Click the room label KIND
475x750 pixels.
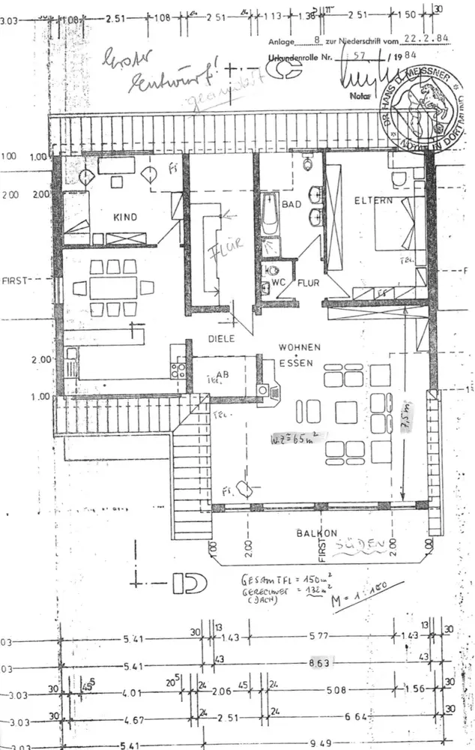pos(125,217)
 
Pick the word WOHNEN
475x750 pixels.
pos(300,348)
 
